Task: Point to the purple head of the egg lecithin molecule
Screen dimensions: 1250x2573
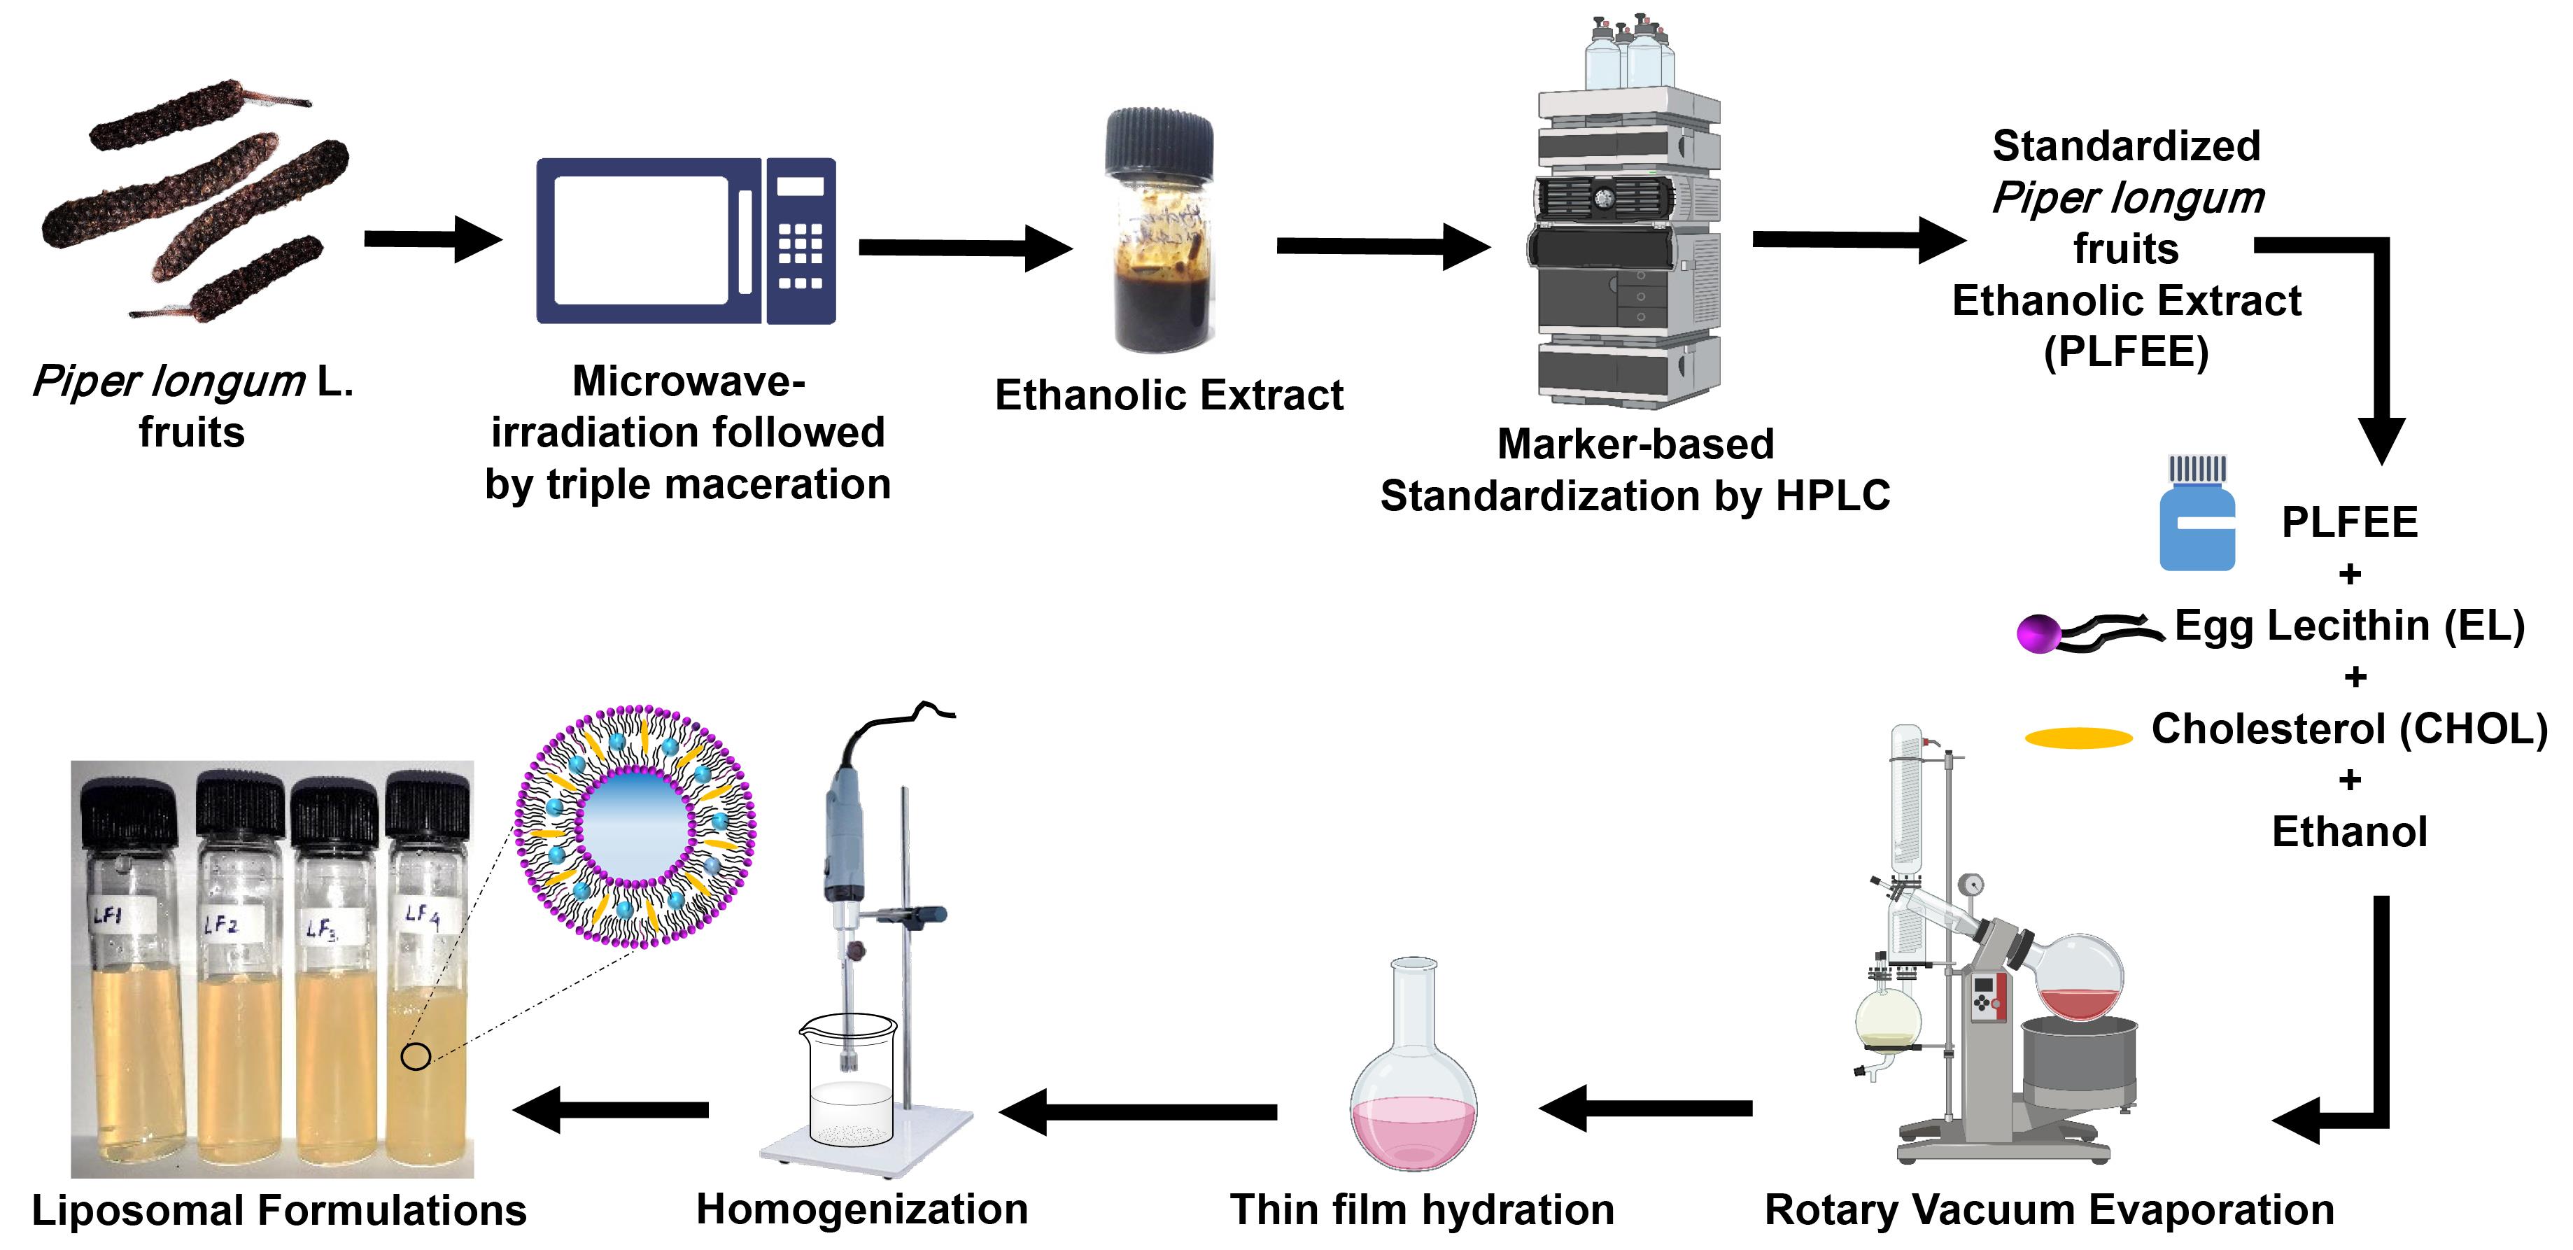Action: point(2038,633)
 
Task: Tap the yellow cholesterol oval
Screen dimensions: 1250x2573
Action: point(2078,738)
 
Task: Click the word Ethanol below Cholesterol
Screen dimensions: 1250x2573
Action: point(2349,831)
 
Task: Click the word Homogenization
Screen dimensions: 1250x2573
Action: point(862,1209)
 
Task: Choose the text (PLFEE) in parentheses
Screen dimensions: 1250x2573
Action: point(2126,352)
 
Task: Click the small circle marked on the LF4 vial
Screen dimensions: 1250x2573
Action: point(416,1055)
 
